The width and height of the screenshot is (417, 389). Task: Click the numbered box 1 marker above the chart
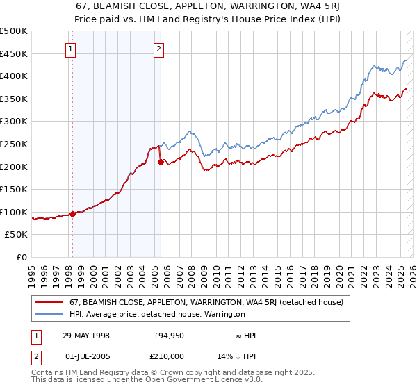pyautogui.click(x=72, y=49)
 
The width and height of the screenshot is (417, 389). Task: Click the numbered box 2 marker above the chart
pyautogui.click(x=159, y=49)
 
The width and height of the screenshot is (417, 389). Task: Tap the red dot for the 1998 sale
pyautogui.click(x=72, y=215)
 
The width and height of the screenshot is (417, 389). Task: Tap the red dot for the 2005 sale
pyautogui.click(x=161, y=162)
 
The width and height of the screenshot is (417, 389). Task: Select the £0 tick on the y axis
pyautogui.click(x=22, y=257)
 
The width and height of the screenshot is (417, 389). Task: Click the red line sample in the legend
pyautogui.click(x=50, y=302)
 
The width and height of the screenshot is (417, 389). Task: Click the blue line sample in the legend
pyautogui.click(x=50, y=314)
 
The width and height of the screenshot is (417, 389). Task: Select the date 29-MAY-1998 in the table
pyautogui.click(x=86, y=336)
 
